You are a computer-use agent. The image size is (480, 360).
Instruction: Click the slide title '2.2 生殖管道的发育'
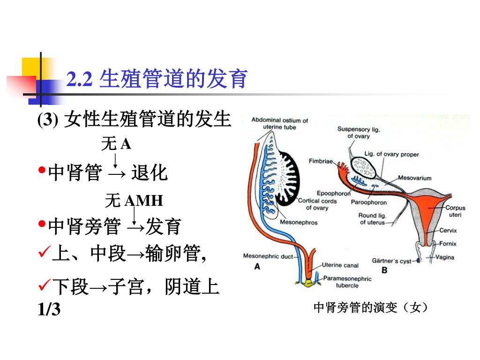pos(157,79)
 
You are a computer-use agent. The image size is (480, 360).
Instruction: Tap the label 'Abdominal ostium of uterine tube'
pos(279,124)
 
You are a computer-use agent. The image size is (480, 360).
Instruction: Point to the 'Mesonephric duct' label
pos(268,256)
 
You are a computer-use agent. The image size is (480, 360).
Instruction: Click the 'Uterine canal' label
pos(340,265)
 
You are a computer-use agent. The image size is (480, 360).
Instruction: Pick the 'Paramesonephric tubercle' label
pos(347,282)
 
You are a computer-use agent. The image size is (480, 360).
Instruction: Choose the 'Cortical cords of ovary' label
pos(317,204)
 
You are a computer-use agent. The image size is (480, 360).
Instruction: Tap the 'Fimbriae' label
pos(321,161)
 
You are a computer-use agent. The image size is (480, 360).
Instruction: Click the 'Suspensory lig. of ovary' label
pos(359,133)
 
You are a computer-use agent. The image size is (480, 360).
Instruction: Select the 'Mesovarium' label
pos(415,178)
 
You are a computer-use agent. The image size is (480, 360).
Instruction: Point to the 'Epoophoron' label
pos(334,193)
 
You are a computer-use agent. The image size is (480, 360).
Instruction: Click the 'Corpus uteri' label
pos(455,211)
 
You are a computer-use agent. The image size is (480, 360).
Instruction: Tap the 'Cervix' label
pos(448,230)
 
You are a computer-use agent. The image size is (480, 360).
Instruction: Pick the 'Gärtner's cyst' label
pos(391,261)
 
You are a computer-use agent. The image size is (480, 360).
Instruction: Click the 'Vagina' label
pos(445,257)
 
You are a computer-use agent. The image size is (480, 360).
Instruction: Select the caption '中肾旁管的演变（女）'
pos(370,307)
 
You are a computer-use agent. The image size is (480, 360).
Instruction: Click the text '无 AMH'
pos(134,201)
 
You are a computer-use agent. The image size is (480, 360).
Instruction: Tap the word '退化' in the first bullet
pos(149,173)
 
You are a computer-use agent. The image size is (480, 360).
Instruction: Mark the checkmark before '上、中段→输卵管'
pos(44,255)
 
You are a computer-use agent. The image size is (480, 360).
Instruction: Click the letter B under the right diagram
pos(384,270)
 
